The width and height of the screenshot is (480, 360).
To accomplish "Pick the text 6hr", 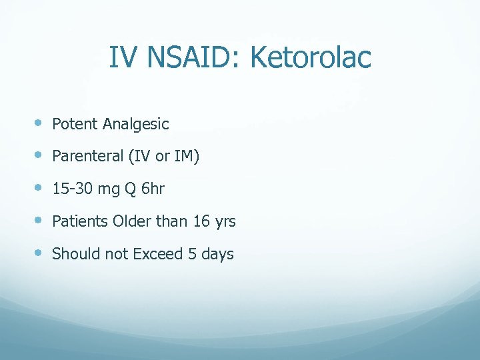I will pos(153,189).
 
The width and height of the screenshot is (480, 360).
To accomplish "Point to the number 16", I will pos(201,221).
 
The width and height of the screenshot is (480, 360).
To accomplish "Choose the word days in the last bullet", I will pos(217,255).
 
